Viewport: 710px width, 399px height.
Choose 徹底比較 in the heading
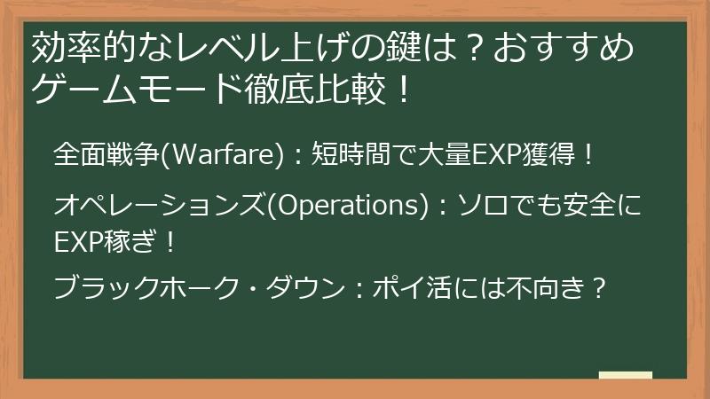tap(308, 90)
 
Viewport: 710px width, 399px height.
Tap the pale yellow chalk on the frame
tap(627, 376)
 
